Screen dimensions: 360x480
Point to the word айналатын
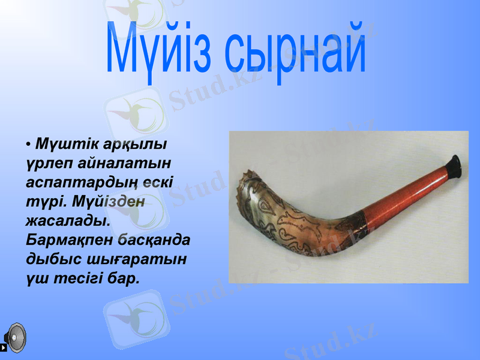coord(121,163)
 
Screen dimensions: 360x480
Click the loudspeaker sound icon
coord(16,337)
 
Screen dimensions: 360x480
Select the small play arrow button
coord(4,347)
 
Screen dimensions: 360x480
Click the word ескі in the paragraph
coord(157,182)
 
